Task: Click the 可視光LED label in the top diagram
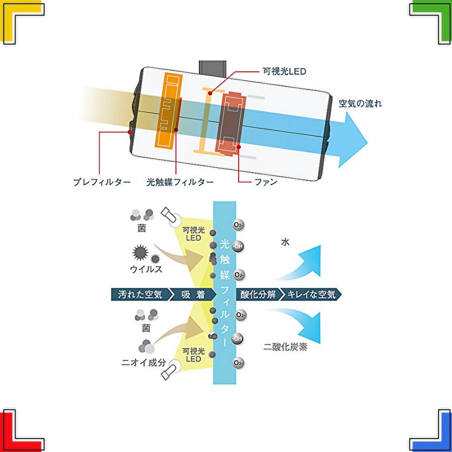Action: pos(284,71)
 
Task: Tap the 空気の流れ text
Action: pos(360,103)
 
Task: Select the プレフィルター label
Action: pos(102,182)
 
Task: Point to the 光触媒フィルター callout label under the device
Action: pos(180,182)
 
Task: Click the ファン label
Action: pos(266,182)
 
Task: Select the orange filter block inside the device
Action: pos(169,110)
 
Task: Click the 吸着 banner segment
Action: pos(192,294)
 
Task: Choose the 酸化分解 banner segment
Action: pos(258,294)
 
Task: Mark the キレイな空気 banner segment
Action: pos(311,294)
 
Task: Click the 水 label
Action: pos(285,242)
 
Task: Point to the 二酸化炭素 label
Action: pos(285,347)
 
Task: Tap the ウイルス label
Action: pos(146,269)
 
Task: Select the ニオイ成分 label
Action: pos(144,362)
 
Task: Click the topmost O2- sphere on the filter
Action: pos(239,225)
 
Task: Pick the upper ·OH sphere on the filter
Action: pos(238,247)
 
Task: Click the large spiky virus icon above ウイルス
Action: pos(141,253)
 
